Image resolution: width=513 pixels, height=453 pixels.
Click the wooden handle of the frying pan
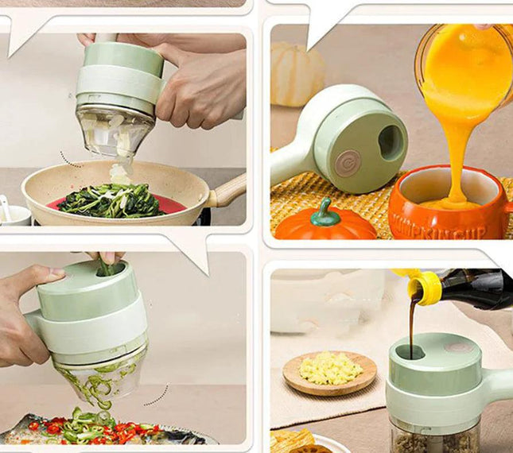pos(228,191)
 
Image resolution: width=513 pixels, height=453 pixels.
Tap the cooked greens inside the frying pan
pos(111,200)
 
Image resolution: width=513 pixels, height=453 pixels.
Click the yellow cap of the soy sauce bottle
pos(426,286)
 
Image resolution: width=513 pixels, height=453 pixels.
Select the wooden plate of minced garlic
pos(329,371)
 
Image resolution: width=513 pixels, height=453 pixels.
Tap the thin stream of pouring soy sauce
pos(411,326)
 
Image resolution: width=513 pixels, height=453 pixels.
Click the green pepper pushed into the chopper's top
pos(106,268)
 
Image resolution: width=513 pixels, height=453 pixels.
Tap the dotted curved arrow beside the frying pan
pos(70,161)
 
